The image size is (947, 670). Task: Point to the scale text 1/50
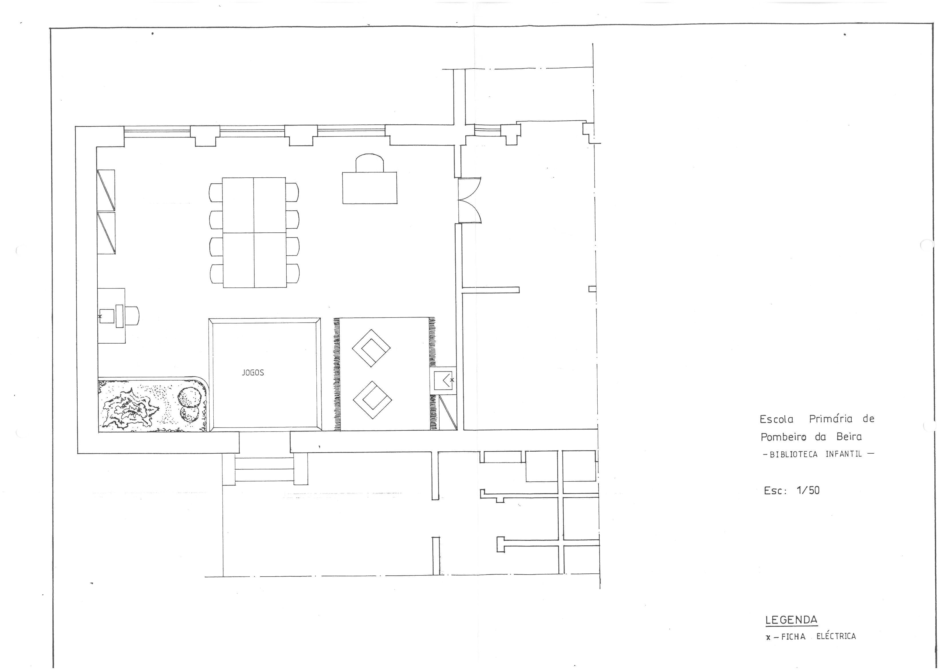click(808, 490)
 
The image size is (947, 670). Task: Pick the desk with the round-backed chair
click(370, 188)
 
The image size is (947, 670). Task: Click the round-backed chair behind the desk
click(370, 162)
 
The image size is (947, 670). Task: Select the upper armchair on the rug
click(371, 348)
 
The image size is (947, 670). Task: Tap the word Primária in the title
click(830, 419)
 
